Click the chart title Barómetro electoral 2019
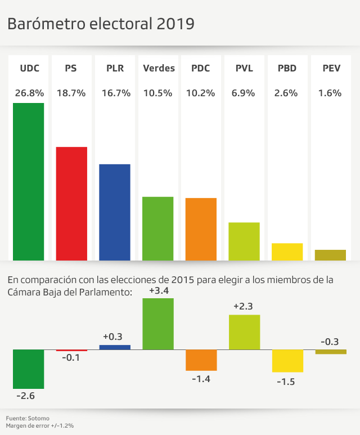pyautogui.click(x=101, y=24)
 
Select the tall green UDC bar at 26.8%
pyautogui.click(x=28, y=181)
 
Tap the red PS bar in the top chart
pyautogui.click(x=71, y=203)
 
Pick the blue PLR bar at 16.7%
pyautogui.click(x=115, y=212)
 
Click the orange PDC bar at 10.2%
pyautogui.click(x=201, y=229)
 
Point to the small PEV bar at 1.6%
pyautogui.click(x=330, y=255)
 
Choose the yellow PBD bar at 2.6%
pyautogui.click(x=287, y=252)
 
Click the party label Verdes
pyautogui.click(x=159, y=68)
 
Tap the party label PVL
pyautogui.click(x=244, y=68)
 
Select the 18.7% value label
pyautogui.click(x=71, y=93)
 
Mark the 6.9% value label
pyautogui.click(x=244, y=93)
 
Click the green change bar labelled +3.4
pyautogui.click(x=158, y=324)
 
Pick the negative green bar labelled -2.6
pyautogui.click(x=28, y=369)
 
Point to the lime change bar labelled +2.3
pyautogui.click(x=244, y=332)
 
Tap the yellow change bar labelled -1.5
pyautogui.click(x=287, y=361)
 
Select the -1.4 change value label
pyautogui.click(x=201, y=379)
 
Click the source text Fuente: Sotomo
pyautogui.click(x=28, y=418)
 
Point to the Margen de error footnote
pyautogui.click(x=40, y=426)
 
